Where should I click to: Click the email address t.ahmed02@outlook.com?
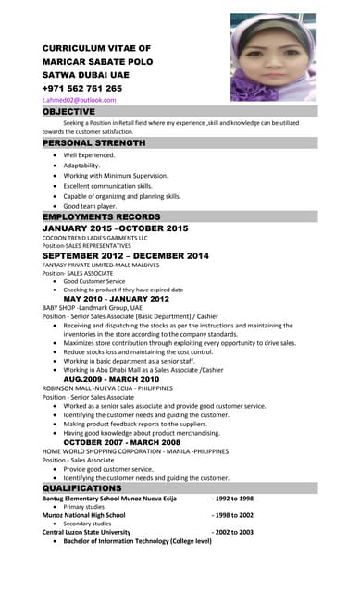(x=79, y=99)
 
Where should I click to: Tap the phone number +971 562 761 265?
(x=82, y=88)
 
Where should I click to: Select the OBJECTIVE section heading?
(x=69, y=111)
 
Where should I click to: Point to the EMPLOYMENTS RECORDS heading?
(x=102, y=216)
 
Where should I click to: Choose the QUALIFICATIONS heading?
(x=82, y=487)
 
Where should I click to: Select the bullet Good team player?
(x=94, y=206)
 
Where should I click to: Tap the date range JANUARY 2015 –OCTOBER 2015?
(x=115, y=228)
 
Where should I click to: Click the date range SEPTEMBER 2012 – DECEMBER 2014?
(x=126, y=255)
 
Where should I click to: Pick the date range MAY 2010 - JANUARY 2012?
(x=116, y=299)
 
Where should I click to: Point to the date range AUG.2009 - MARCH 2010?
(x=110, y=379)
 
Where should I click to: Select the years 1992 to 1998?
(x=232, y=498)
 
